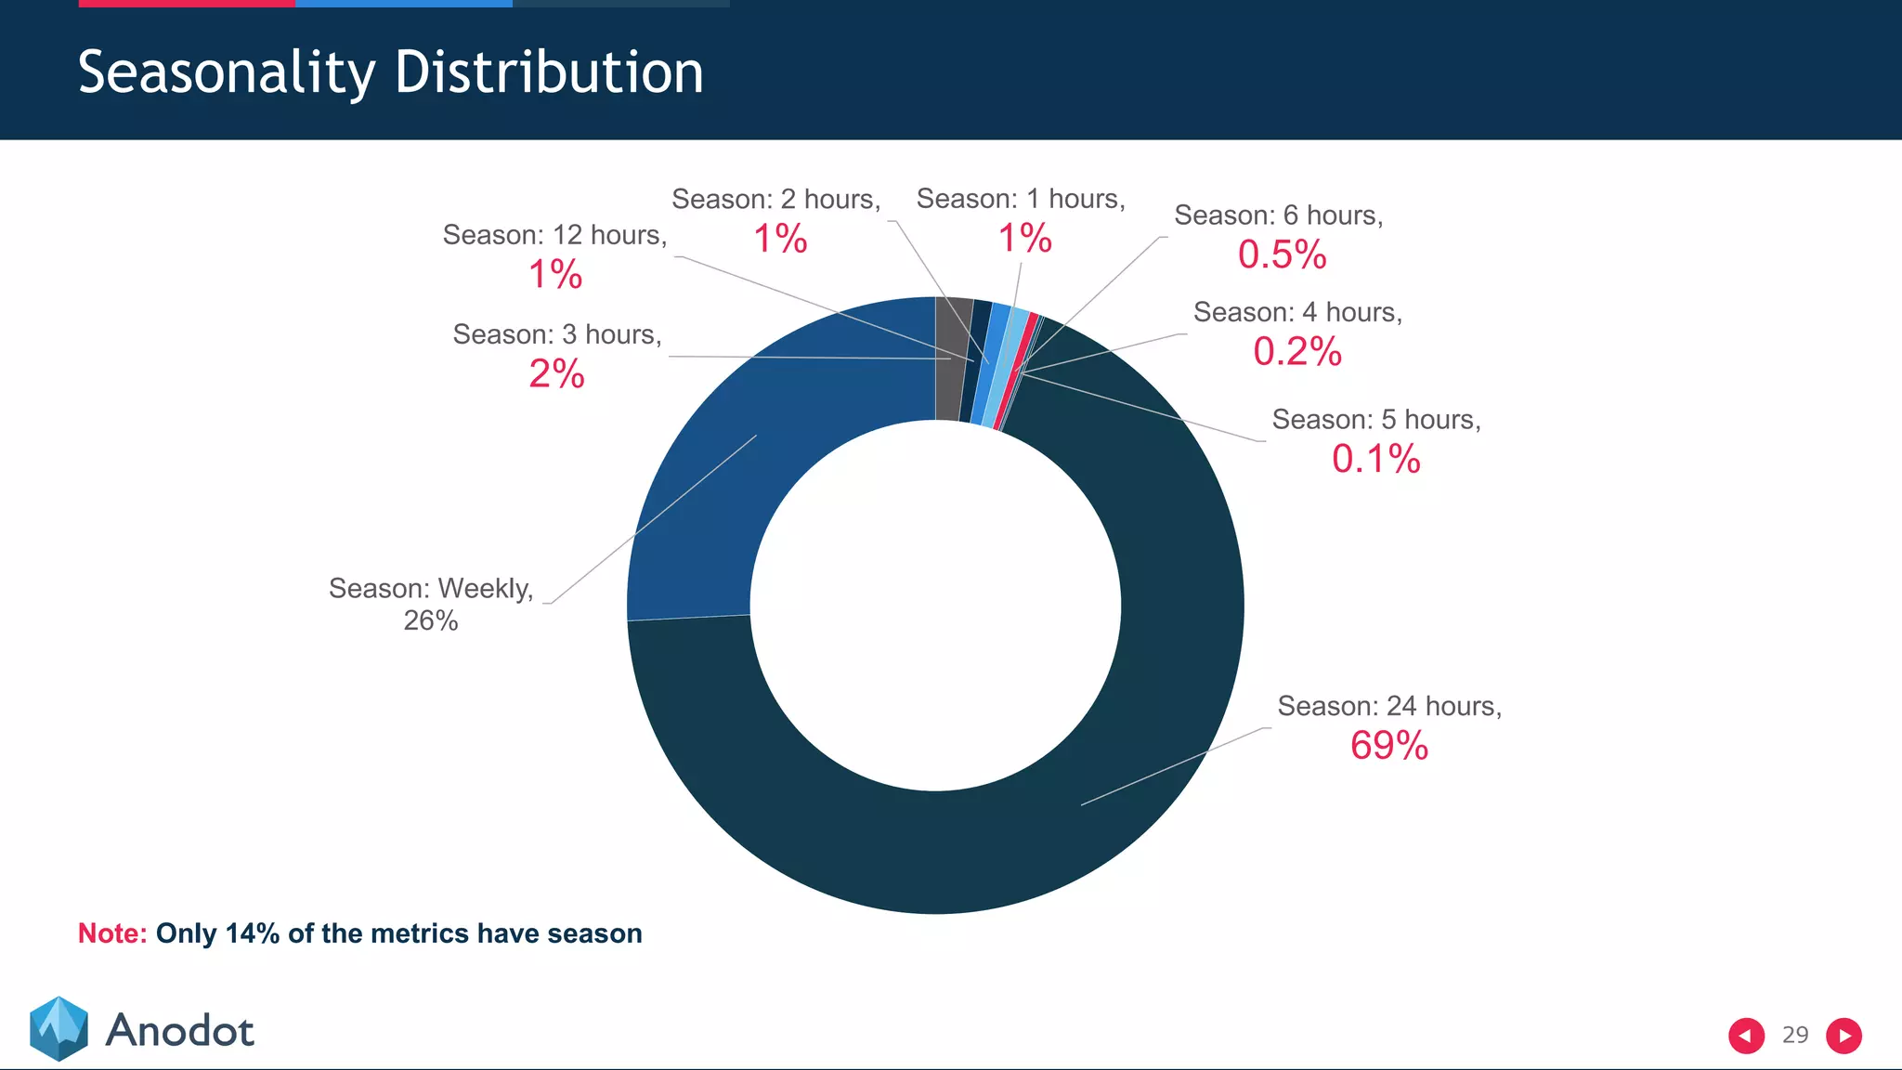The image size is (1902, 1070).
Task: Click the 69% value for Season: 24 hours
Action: point(1388,746)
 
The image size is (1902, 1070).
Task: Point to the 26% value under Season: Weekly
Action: point(430,620)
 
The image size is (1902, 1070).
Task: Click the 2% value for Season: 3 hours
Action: point(556,374)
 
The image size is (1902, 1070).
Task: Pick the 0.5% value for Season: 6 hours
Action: point(1282,254)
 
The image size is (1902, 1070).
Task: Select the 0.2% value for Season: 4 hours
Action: point(1296,352)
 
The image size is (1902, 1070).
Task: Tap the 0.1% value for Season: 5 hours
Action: point(1375,459)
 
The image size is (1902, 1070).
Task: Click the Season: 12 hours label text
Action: point(554,235)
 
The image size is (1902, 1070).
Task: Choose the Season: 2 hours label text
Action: point(775,199)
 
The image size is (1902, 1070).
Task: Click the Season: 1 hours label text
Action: point(1020,199)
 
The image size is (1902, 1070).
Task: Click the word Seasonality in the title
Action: point(227,72)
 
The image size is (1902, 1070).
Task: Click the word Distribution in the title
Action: point(549,72)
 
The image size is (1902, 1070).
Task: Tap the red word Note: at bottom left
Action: point(112,933)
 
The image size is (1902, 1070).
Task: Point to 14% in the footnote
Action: point(252,933)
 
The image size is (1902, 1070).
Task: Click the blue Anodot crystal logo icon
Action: point(59,1028)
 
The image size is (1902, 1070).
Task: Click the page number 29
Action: point(1795,1035)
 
